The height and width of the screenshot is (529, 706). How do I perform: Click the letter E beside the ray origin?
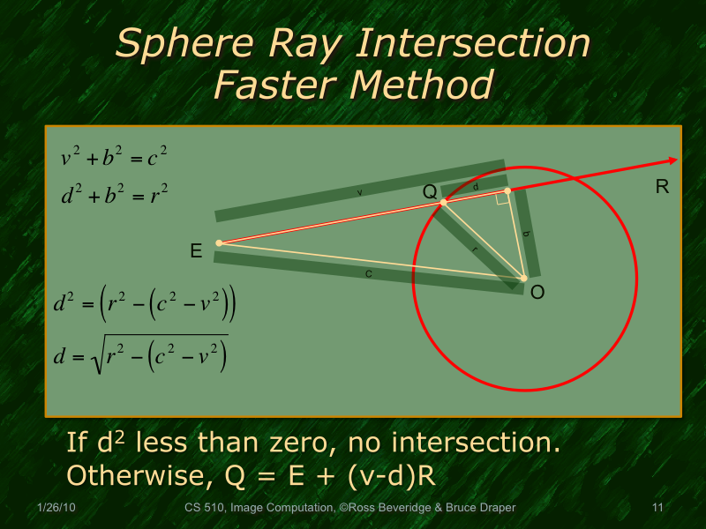(196, 252)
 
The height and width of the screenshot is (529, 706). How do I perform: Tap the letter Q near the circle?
(430, 191)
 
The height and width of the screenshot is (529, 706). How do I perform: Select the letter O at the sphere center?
(537, 292)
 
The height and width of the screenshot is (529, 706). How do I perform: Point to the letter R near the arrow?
(662, 187)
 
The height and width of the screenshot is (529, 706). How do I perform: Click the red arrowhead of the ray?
(672, 160)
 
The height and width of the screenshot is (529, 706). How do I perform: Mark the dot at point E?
(219, 242)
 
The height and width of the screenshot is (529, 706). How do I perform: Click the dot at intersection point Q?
(444, 202)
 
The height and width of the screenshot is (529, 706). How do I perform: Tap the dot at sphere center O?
(523, 279)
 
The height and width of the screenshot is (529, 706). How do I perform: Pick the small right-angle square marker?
(502, 199)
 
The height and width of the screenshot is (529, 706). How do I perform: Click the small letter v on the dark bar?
(359, 193)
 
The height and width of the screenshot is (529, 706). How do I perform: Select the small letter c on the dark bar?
(368, 274)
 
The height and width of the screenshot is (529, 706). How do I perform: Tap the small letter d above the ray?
(476, 187)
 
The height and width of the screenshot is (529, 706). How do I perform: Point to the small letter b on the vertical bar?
(526, 235)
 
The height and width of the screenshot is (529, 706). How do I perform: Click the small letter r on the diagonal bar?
(476, 250)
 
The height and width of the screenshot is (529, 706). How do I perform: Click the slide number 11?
(656, 508)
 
